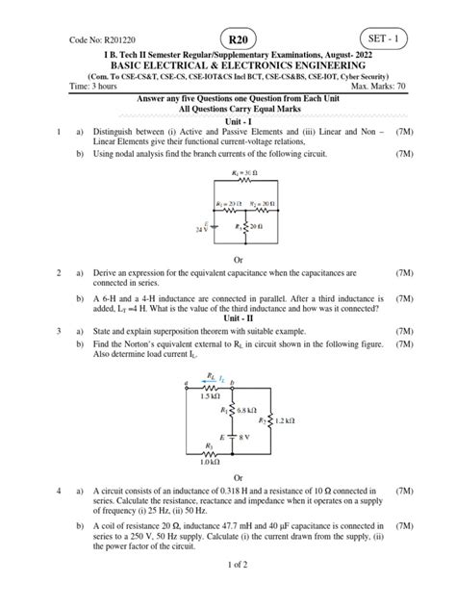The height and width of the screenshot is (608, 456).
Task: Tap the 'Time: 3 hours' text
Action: pos(93,86)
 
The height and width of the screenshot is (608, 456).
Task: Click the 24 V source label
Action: pos(200,230)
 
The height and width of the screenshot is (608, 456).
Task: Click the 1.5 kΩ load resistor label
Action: pos(204,396)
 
